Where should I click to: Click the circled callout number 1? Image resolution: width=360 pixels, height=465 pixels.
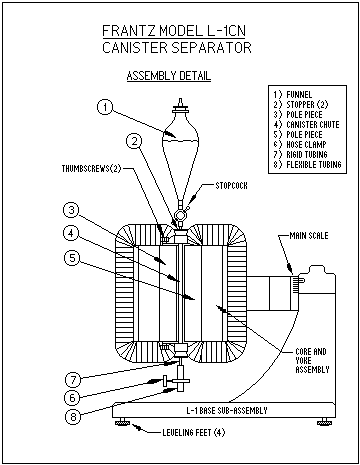pos(105,107)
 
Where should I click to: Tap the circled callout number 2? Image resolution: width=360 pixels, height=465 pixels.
pos(134,141)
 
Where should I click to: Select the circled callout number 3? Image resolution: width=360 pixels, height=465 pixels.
pos(72,210)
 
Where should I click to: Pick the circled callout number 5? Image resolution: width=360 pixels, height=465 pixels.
pos(72,258)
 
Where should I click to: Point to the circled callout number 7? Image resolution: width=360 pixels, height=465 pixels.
pos(73,380)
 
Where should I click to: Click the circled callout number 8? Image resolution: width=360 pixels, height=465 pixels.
pos(73,417)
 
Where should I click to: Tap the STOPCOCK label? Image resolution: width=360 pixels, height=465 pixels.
pos(231,186)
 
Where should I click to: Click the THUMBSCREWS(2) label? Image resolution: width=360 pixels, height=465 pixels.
pos(91,169)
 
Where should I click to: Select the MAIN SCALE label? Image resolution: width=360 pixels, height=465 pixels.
pos(309,236)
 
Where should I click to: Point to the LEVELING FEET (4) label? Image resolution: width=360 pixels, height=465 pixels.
pos(194,433)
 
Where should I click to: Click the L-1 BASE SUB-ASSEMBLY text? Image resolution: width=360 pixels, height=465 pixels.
pos(227,411)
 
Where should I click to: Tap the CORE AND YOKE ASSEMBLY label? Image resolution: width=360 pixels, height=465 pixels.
pos(312,361)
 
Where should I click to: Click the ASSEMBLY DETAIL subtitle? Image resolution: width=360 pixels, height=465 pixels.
pos(169,76)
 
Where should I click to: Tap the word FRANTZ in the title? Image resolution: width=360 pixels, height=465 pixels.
pos(129,31)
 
